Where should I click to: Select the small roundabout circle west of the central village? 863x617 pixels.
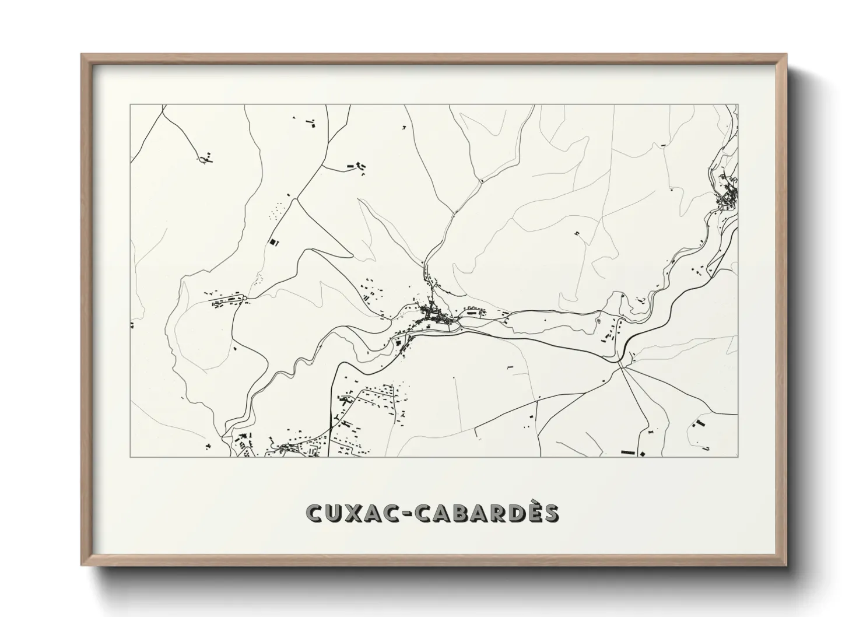245,298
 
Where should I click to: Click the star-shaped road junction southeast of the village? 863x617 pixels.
623,364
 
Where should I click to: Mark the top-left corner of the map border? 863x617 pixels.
130,105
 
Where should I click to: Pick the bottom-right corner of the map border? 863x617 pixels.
738,457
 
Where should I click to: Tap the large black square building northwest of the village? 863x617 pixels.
271,241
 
